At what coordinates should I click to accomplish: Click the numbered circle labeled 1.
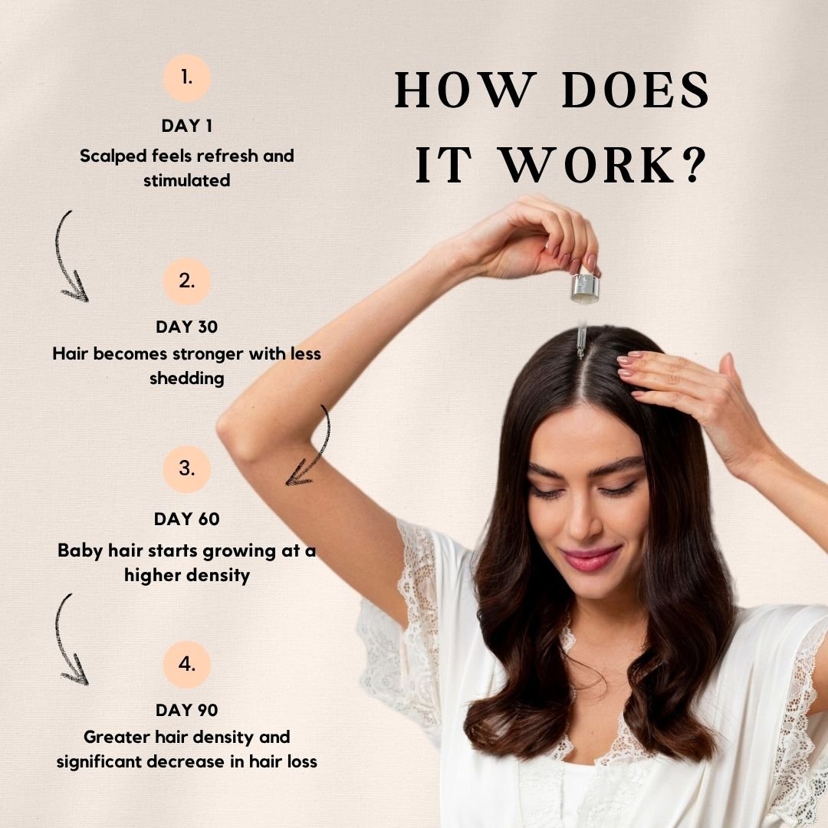(x=187, y=78)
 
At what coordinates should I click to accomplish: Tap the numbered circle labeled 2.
(x=187, y=281)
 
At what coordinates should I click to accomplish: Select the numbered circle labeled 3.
(x=187, y=469)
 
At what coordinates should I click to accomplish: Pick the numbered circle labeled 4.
(x=187, y=665)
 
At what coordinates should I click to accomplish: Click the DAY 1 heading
(x=187, y=126)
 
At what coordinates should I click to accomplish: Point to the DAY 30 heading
(x=187, y=327)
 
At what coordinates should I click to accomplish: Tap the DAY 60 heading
(x=187, y=519)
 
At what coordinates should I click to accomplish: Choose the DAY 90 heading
(x=187, y=710)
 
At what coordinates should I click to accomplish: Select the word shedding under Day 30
(x=187, y=379)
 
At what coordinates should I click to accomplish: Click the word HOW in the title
(x=463, y=90)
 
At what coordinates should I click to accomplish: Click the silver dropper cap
(x=585, y=287)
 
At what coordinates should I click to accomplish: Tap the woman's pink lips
(x=590, y=559)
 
